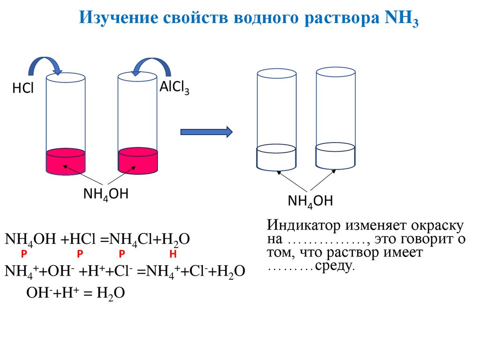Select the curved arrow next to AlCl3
click(x=150, y=66)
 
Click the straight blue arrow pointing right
click(x=206, y=132)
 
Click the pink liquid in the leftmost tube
click(x=66, y=162)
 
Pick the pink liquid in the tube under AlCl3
click(x=137, y=162)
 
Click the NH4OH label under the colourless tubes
click(x=310, y=202)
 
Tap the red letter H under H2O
click(x=173, y=254)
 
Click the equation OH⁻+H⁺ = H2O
click(x=75, y=293)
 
